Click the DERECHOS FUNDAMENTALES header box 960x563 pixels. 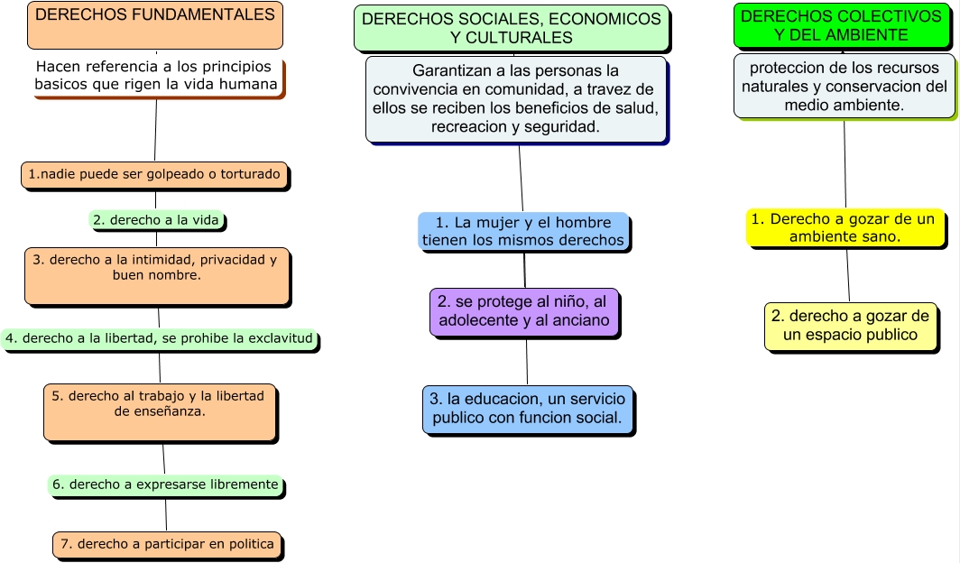(155, 25)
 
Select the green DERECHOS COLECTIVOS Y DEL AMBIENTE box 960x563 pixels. (841, 25)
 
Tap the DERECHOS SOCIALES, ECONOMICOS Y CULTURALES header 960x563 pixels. (512, 28)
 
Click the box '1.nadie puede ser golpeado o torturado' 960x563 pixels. (154, 174)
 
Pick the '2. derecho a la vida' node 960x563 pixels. (156, 219)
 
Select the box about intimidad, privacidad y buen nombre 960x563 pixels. (157, 275)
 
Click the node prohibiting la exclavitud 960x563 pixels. (159, 338)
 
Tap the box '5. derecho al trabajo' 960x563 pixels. (160, 411)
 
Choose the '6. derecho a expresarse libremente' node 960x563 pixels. (165, 485)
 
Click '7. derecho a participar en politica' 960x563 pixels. (167, 544)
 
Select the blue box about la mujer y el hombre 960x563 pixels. (523, 231)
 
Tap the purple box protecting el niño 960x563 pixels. (524, 311)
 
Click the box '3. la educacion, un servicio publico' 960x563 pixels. (528, 409)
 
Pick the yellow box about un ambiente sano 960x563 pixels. (845, 227)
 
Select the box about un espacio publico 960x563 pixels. (851, 326)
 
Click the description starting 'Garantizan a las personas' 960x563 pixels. (515, 99)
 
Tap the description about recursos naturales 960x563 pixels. (844, 86)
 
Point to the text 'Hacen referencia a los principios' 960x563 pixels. (152, 67)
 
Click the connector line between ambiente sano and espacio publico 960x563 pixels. (848, 274)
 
